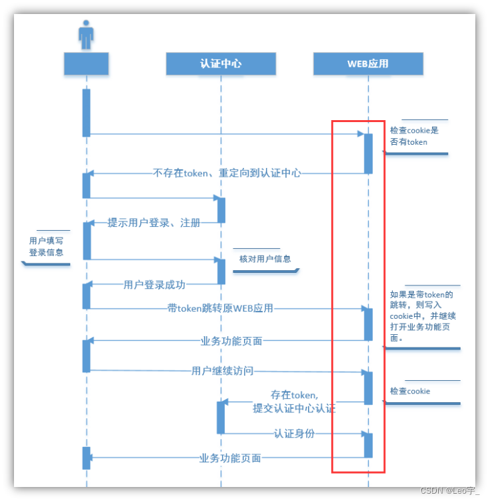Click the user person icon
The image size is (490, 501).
tap(86, 35)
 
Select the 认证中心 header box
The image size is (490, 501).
tap(220, 64)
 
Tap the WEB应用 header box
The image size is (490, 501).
tap(368, 64)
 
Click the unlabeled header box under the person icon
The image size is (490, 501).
tap(86, 64)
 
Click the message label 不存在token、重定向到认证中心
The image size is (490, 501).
tap(227, 173)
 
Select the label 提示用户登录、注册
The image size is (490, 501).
tap(154, 223)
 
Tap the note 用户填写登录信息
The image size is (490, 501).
tap(46, 247)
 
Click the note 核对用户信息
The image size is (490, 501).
tap(265, 259)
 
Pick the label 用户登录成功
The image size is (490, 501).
tap(154, 285)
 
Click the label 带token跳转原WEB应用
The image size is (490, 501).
tap(220, 308)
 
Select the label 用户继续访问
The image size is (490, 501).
tap(222, 370)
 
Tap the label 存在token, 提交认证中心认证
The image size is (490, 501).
tap(294, 402)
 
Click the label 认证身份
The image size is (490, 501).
tap(294, 434)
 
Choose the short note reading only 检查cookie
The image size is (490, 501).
tap(410, 391)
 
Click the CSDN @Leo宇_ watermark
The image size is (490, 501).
tap(450, 491)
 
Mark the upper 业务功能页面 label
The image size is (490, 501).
tap(231, 341)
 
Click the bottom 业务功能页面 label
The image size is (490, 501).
tap(230, 458)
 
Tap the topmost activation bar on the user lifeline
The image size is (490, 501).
tap(86, 112)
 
